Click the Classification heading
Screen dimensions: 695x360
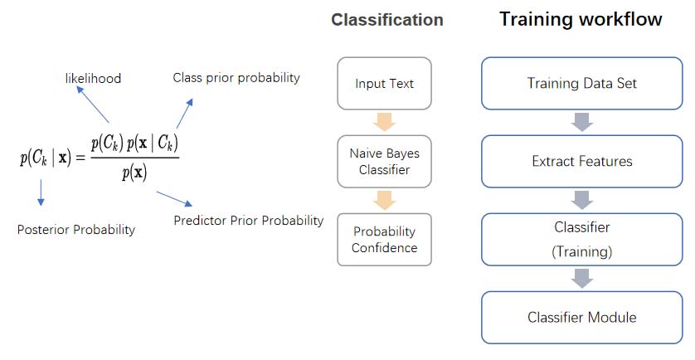coord(387,20)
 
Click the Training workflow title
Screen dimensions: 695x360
coord(581,19)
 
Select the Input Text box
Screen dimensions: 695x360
coord(384,83)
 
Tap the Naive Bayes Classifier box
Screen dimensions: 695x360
coord(384,162)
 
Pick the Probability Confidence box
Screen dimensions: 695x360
coord(384,240)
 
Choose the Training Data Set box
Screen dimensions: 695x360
coord(582,83)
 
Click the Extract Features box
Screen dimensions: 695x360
coord(582,162)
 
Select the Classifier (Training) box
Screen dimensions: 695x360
coord(582,240)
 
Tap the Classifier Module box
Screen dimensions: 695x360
coord(582,318)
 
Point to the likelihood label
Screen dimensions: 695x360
coord(93,79)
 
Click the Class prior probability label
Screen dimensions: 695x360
coord(236,78)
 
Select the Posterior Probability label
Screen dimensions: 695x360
coord(75,230)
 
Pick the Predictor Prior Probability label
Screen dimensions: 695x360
coord(248,221)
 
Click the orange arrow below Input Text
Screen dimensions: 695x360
coord(384,123)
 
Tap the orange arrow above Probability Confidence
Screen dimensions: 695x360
coord(384,201)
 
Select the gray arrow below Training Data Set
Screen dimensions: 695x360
coord(582,123)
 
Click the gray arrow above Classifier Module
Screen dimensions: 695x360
coord(582,279)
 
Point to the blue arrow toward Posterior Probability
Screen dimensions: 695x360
coord(41,192)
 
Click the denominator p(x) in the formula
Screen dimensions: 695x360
coord(134,173)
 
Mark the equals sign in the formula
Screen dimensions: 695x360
coord(80,158)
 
